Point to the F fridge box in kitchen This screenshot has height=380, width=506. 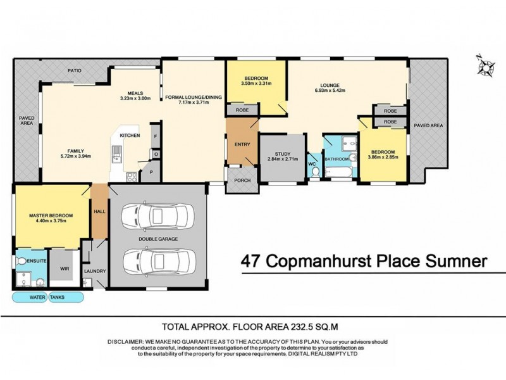coord(154,136)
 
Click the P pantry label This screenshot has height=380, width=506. coord(151,172)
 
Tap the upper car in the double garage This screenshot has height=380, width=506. coord(156,213)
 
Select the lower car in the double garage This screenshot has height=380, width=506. coord(156,260)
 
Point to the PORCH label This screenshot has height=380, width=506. coord(242,180)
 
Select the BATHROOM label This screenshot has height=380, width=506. coord(337,160)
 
